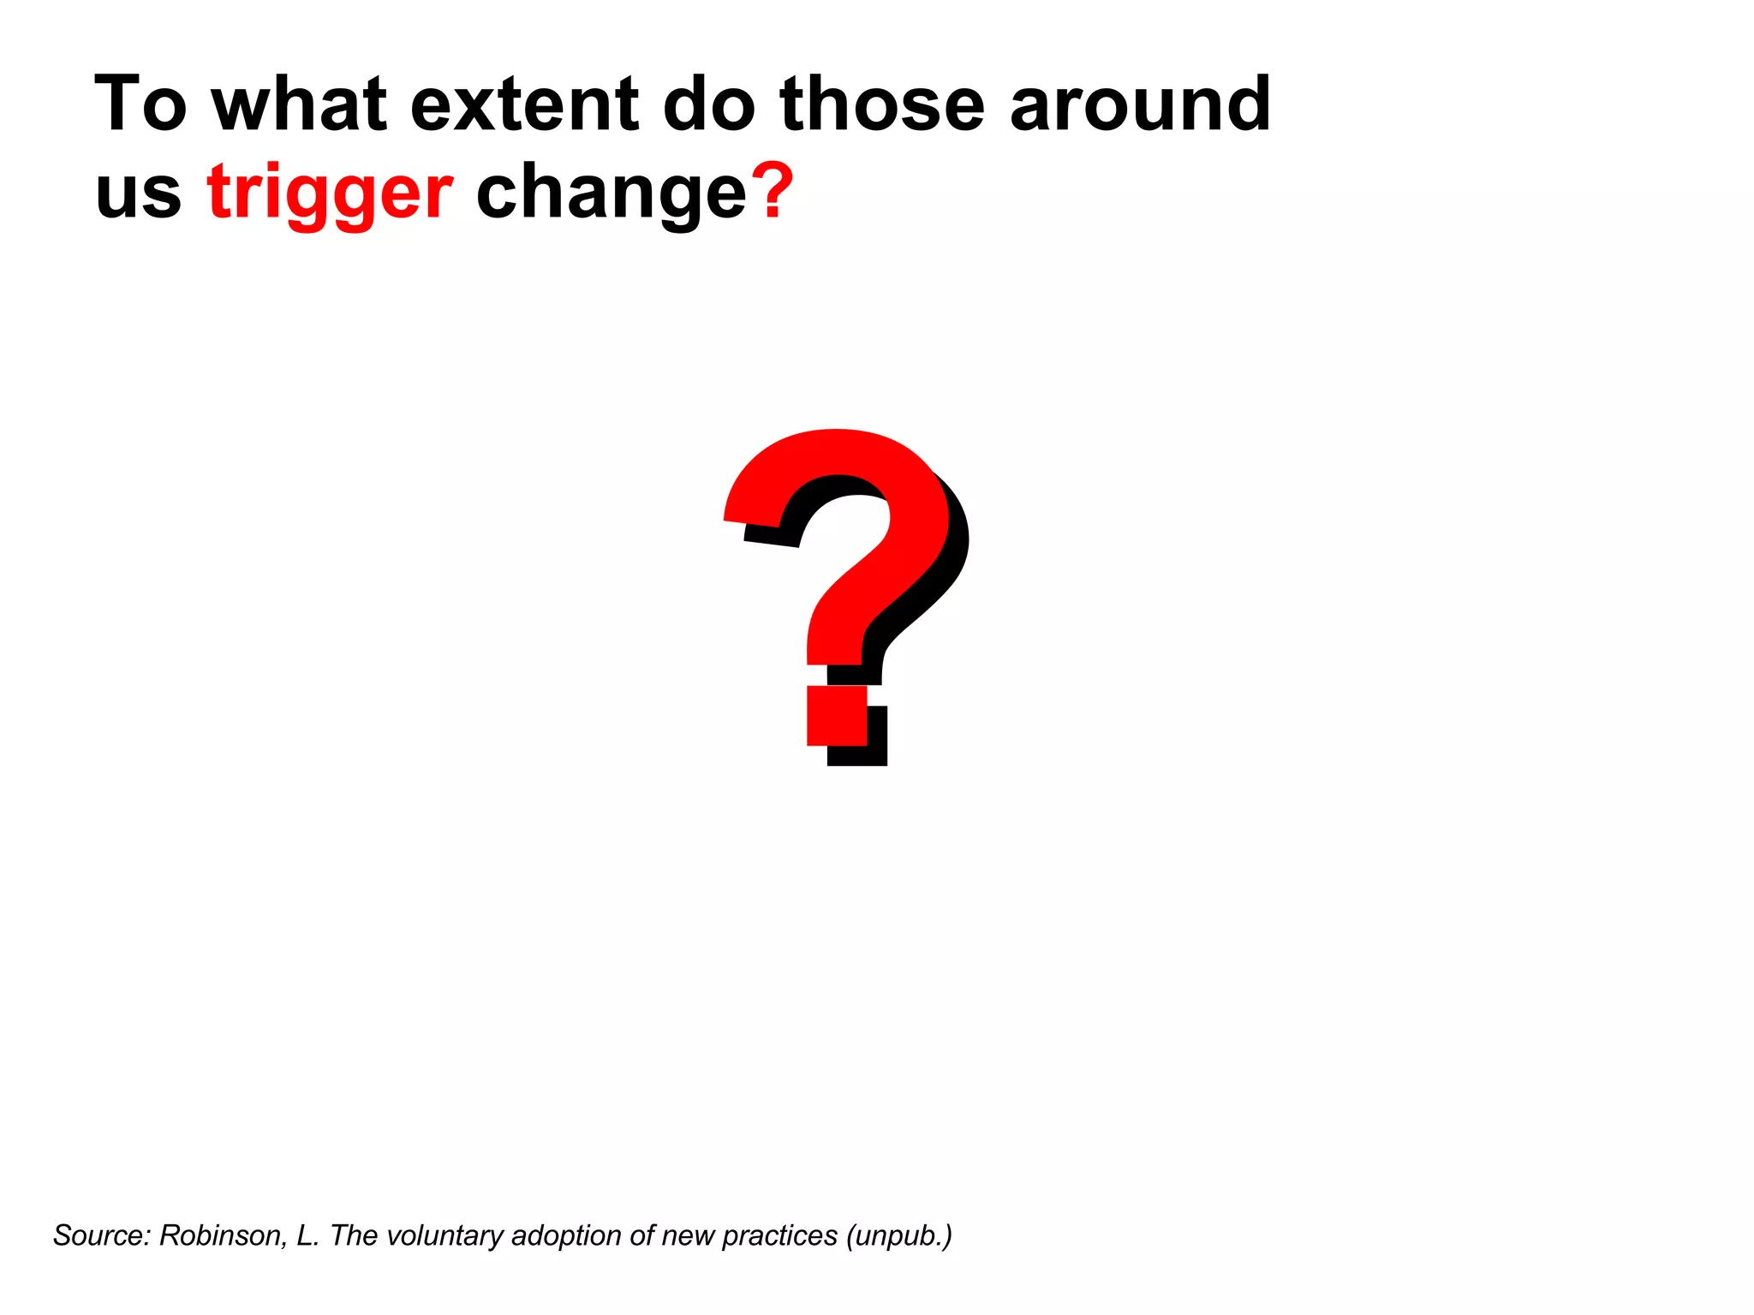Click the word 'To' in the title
point(140,104)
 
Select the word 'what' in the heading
point(300,104)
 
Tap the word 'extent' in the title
point(525,104)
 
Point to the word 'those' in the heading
point(882,104)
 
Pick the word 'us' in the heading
point(138,192)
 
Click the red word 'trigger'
point(330,192)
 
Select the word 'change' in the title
point(612,192)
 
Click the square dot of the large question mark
point(837,716)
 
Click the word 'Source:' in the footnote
point(102,1235)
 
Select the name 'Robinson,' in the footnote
point(224,1235)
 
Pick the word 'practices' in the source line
point(779,1235)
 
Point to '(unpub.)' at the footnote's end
point(898,1235)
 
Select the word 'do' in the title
point(709,104)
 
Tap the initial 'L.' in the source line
point(307,1235)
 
